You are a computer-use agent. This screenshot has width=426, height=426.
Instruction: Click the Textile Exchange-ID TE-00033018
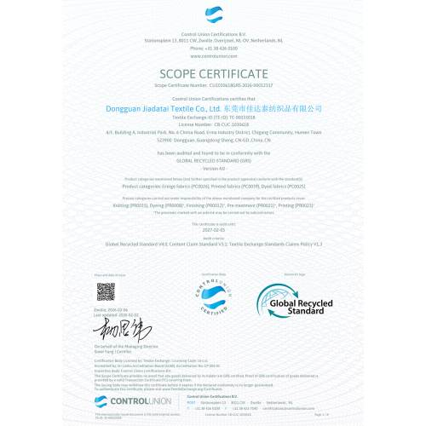pos(229,118)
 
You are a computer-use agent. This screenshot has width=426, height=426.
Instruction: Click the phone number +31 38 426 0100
pos(213,49)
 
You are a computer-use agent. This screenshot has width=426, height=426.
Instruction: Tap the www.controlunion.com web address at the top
pos(213,55)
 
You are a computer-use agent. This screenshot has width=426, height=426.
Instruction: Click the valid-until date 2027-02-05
pos(213,229)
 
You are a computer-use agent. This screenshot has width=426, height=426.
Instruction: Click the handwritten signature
pos(116,329)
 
